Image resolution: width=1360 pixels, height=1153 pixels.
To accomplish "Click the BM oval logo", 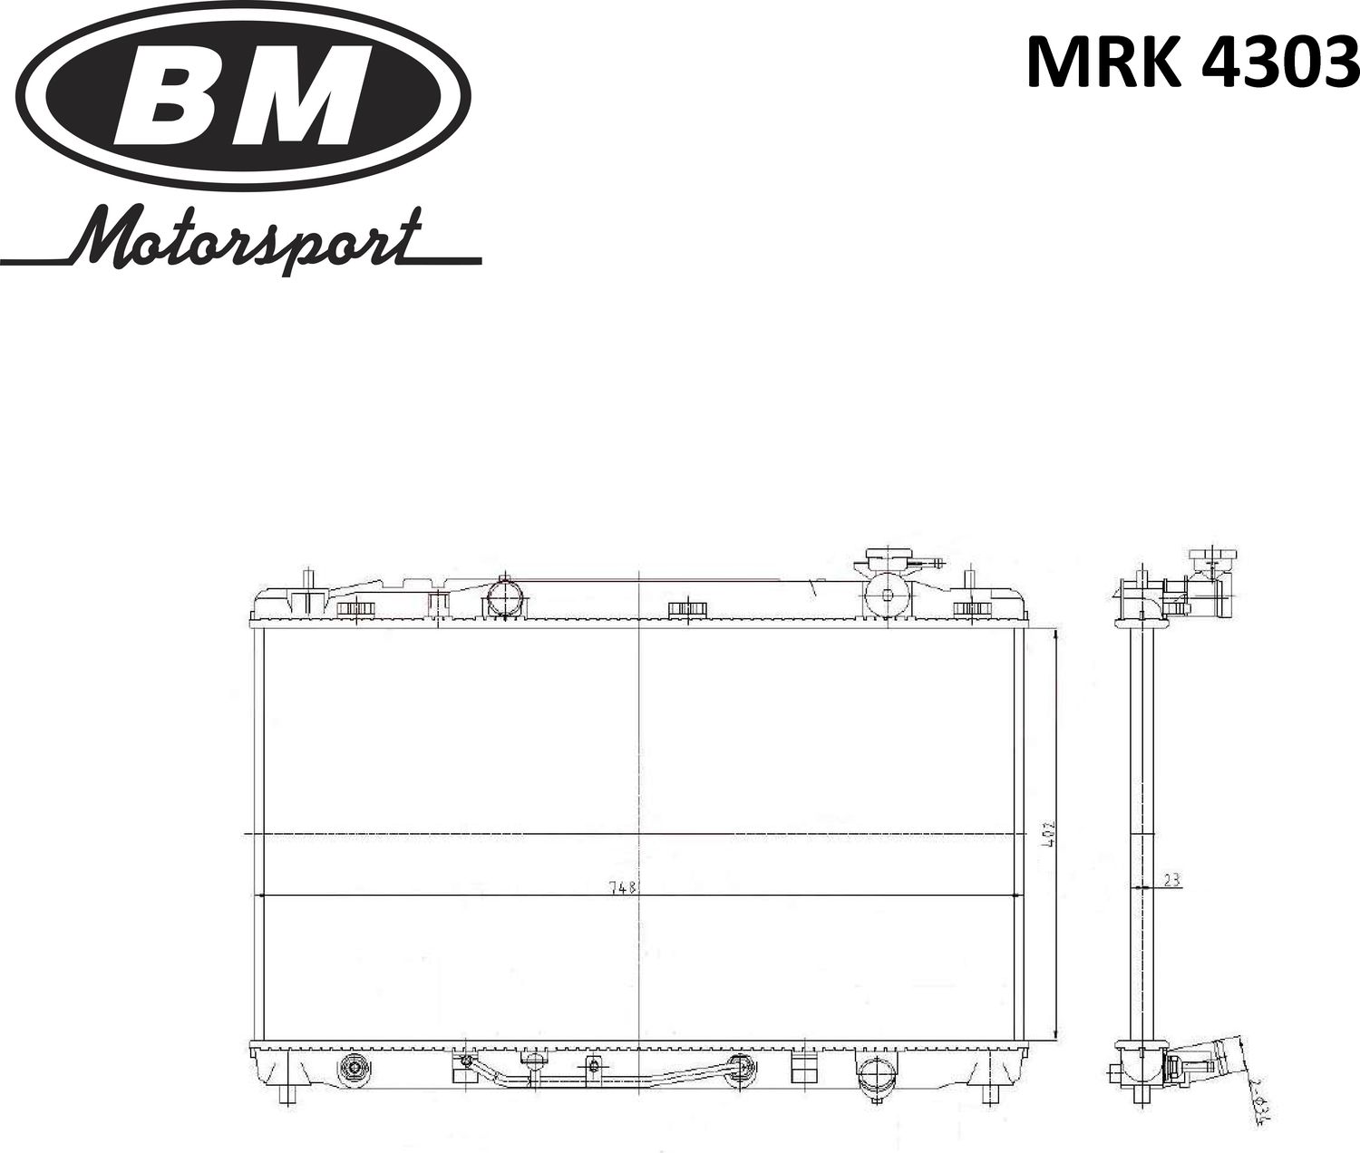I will point(244,94).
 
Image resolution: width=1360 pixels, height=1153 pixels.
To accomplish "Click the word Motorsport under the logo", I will point(245,240).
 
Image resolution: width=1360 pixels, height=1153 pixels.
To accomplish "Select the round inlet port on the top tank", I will point(504,597).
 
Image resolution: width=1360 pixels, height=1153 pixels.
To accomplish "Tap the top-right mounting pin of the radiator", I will point(969,578).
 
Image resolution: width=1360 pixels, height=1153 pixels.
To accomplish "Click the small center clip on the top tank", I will point(686,608).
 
